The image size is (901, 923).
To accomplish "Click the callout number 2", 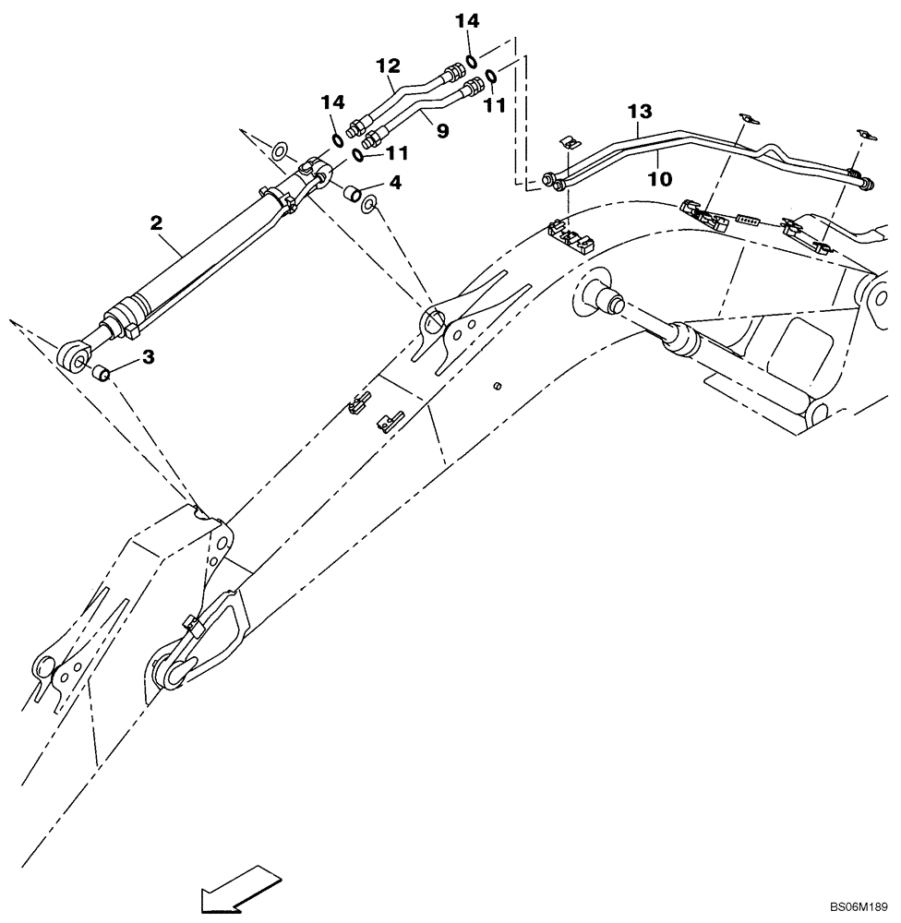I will (x=156, y=222).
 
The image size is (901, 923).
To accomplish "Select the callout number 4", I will (x=395, y=183).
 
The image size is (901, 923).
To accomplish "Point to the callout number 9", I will (x=442, y=131).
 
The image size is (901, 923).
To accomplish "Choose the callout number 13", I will (x=641, y=112).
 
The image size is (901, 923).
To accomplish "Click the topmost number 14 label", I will (x=470, y=18).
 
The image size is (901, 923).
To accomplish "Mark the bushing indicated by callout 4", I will (x=352, y=194).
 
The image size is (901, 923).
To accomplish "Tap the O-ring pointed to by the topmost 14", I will (x=472, y=61).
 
